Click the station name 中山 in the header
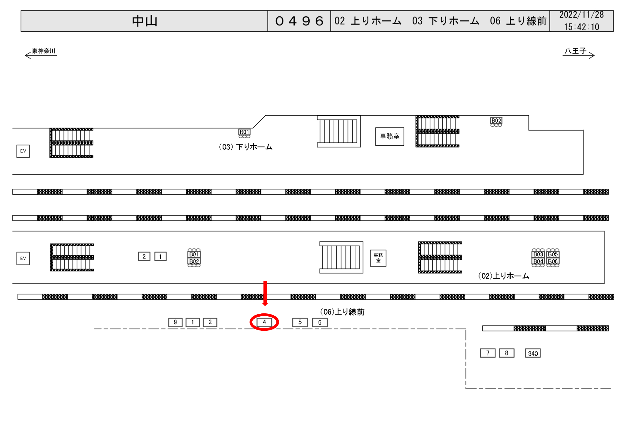[x=145, y=21]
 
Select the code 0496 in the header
[x=299, y=21]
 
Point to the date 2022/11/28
[x=581, y=15]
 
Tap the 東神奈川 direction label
[x=43, y=51]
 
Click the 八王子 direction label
[x=575, y=51]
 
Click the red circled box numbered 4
[x=264, y=322]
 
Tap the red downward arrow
[x=265, y=293]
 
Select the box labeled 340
[x=533, y=353]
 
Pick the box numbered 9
[x=175, y=322]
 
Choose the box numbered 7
[x=488, y=353]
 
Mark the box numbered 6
[x=320, y=323]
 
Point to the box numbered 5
[x=300, y=322]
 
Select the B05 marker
[x=553, y=254]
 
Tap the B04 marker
[x=538, y=262]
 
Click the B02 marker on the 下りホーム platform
[x=496, y=121]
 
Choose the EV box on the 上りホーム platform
[x=23, y=258]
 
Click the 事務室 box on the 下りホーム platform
[x=389, y=136]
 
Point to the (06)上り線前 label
[x=342, y=312]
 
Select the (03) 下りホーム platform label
[x=246, y=147]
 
